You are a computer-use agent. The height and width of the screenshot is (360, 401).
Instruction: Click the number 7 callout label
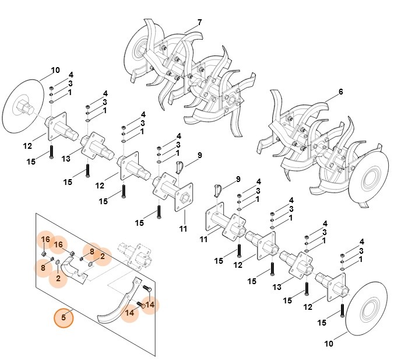point(199,23)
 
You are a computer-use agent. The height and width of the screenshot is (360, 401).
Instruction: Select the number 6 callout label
point(340,92)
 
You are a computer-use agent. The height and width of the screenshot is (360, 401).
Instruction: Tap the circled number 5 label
point(64,318)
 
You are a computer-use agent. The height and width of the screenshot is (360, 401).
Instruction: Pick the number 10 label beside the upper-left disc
point(55,71)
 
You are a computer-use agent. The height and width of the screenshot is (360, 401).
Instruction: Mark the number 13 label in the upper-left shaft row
point(66,159)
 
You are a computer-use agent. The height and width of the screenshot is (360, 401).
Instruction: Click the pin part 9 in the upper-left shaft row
point(180,167)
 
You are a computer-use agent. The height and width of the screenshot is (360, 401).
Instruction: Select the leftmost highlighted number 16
point(45,240)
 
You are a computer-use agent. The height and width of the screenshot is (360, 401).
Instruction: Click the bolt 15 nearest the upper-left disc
point(51,151)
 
